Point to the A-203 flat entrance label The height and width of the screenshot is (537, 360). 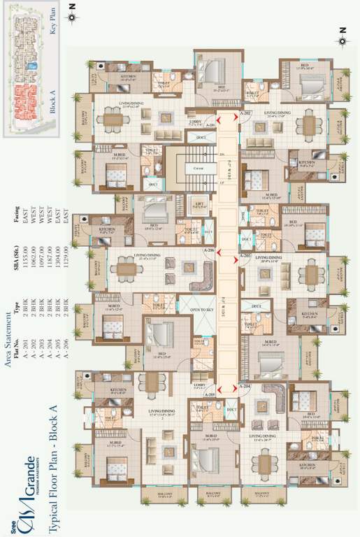(246, 256)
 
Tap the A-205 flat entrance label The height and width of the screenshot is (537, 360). (208, 393)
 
